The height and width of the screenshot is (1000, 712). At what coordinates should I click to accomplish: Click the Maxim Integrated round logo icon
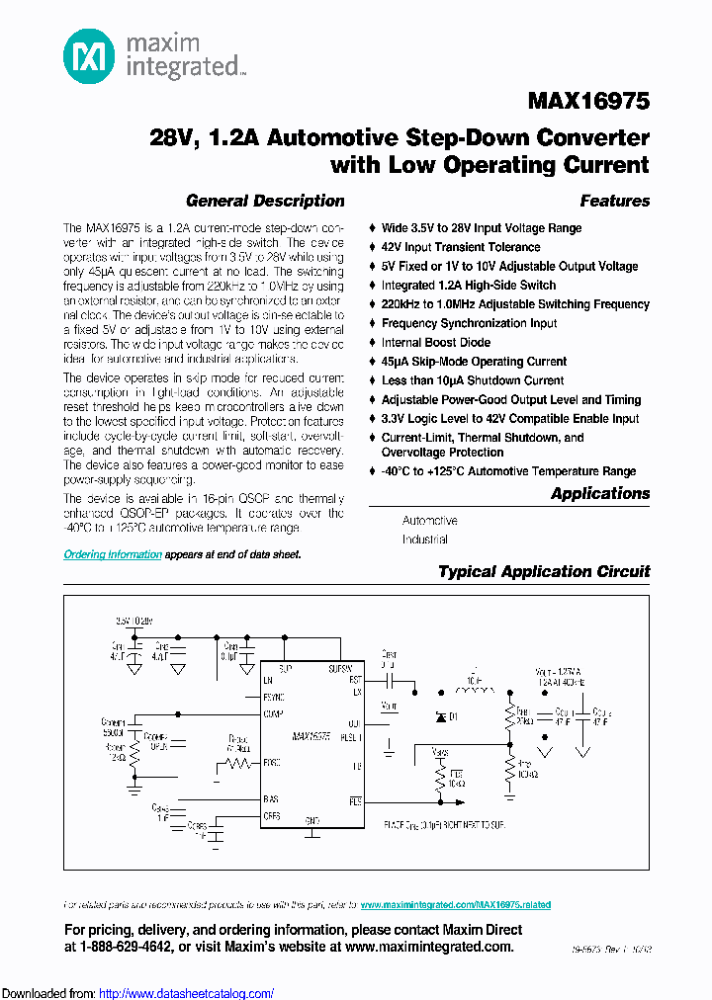[x=88, y=56]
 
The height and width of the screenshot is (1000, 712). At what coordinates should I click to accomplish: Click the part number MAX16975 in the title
[x=589, y=102]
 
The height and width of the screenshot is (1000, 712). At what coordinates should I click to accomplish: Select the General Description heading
[x=265, y=201]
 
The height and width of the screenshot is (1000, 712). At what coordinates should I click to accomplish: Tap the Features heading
[x=614, y=201]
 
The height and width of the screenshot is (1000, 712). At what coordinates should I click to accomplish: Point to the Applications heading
[x=599, y=493]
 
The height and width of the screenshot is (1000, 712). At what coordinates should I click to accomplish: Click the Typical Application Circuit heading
[x=543, y=571]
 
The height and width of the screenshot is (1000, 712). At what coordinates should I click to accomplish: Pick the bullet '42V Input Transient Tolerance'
[x=461, y=247]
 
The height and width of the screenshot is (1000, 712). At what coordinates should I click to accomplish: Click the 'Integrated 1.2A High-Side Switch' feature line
[x=469, y=285]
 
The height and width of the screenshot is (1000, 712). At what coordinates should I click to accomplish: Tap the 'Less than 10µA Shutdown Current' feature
[x=473, y=380]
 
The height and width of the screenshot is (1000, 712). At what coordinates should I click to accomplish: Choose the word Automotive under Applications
[x=429, y=520]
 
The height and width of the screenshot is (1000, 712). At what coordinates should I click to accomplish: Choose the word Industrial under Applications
[x=424, y=540]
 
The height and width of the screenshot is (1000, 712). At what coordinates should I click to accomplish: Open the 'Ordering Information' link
[x=113, y=554]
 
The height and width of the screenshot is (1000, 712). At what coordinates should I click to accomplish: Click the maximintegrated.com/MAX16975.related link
[x=455, y=904]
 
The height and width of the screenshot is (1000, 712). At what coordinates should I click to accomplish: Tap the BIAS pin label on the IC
[x=271, y=798]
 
